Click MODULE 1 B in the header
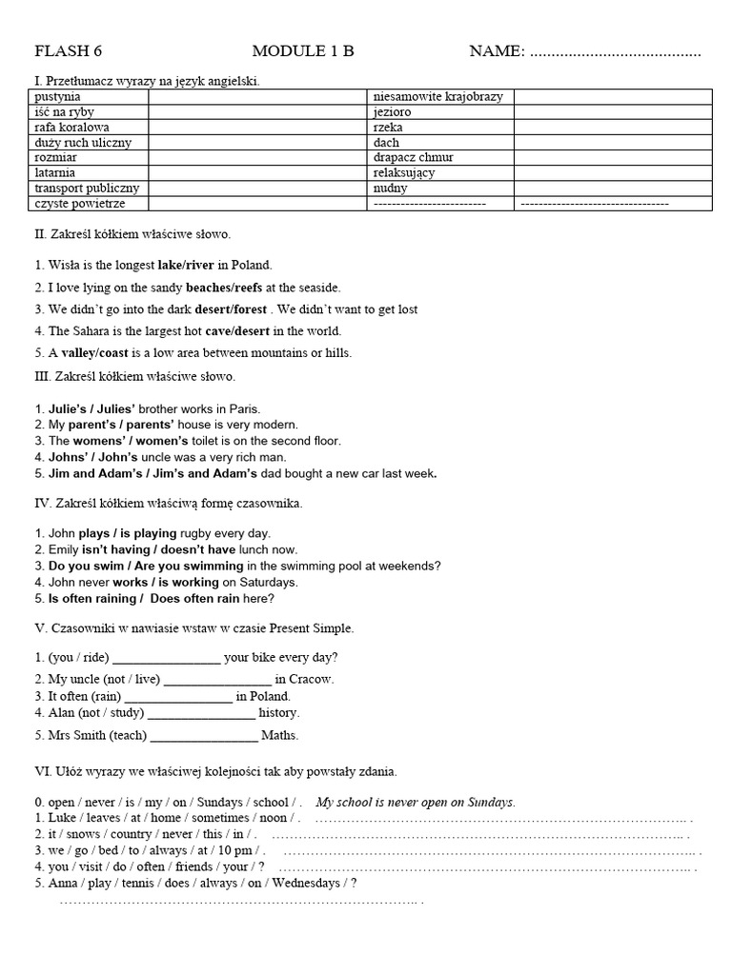303,51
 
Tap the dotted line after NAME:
615,53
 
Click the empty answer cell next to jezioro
613,111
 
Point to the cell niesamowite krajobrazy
439,97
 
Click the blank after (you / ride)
167,658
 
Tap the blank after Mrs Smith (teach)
204,736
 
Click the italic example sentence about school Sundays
416,802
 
